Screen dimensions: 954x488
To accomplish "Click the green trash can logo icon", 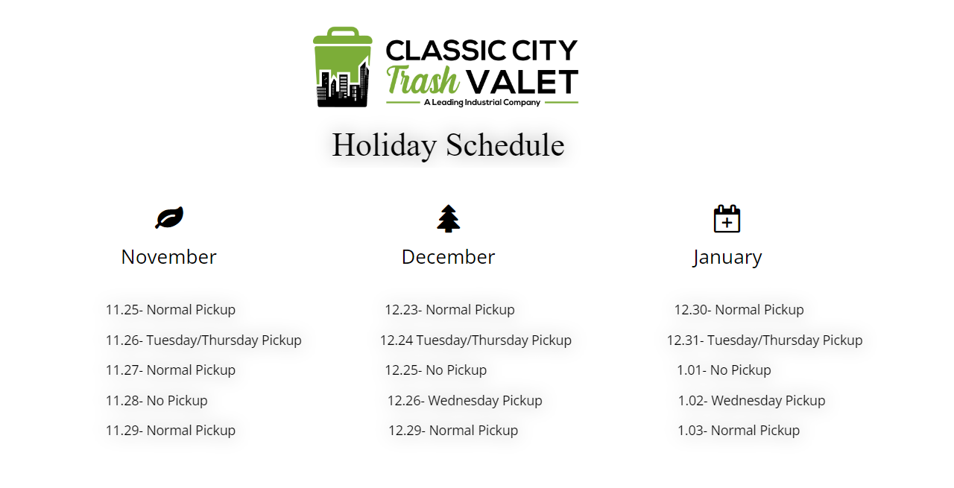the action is pyautogui.click(x=343, y=67).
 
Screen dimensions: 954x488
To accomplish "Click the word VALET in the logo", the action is pyautogui.click(x=522, y=82).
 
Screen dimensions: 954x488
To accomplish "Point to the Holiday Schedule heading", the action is pyautogui.click(x=448, y=145).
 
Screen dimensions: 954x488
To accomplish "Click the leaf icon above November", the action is pyautogui.click(x=169, y=218).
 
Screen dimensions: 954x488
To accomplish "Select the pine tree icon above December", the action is pyautogui.click(x=449, y=219).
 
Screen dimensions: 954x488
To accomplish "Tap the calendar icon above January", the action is pyautogui.click(x=727, y=219).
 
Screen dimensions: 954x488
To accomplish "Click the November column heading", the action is pyautogui.click(x=168, y=257).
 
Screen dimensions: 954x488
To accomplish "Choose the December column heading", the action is pyautogui.click(x=448, y=257).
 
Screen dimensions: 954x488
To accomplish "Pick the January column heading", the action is pyautogui.click(x=727, y=258).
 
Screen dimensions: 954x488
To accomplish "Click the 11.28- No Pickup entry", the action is pyautogui.click(x=157, y=401).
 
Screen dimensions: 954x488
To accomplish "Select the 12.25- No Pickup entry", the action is pyautogui.click(x=436, y=370).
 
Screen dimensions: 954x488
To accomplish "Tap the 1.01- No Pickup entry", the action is pyautogui.click(x=724, y=370).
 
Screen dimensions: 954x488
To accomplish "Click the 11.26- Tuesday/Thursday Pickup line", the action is pyautogui.click(x=203, y=340).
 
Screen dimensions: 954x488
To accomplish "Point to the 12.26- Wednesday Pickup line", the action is pyautogui.click(x=464, y=401).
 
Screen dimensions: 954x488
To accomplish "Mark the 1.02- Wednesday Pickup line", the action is pyautogui.click(x=752, y=401).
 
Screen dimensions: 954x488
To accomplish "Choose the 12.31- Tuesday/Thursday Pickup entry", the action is pyautogui.click(x=765, y=340).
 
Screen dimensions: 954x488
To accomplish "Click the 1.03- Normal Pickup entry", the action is pyautogui.click(x=739, y=431).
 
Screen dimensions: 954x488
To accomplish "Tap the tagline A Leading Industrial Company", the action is pyautogui.click(x=482, y=103).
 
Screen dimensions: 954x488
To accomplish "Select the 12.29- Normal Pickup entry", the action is pyautogui.click(x=453, y=431).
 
